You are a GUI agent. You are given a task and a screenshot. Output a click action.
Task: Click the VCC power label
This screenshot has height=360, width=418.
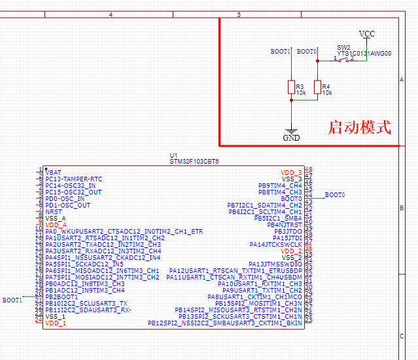(367, 33)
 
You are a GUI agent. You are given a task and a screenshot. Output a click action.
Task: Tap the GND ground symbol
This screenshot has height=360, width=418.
(291, 135)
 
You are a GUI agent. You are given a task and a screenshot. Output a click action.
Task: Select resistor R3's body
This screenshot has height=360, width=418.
(291, 88)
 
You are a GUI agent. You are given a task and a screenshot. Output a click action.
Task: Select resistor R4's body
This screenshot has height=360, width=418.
(317, 88)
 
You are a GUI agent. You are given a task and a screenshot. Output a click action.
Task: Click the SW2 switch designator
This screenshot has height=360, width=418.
(343, 48)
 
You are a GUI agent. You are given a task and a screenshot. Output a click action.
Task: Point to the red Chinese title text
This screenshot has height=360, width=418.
(358, 126)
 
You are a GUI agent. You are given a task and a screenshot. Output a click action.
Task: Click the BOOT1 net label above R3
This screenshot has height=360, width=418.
(280, 51)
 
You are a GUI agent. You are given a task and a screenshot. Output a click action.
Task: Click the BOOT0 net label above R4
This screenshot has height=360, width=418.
(307, 51)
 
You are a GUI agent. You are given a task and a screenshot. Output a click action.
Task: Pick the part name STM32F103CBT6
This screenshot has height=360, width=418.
(194, 161)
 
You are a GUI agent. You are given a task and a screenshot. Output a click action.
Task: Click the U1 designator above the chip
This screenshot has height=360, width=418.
(173, 155)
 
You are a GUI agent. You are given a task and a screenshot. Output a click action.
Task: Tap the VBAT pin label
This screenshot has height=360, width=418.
(54, 172)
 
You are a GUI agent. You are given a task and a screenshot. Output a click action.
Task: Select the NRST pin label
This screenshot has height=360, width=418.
(54, 211)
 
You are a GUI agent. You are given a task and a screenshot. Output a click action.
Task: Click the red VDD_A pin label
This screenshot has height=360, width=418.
(56, 225)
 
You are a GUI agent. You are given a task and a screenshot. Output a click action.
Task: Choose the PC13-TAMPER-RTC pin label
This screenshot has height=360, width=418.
(74, 179)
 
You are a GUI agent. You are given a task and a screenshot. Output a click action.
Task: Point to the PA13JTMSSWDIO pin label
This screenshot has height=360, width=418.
(275, 264)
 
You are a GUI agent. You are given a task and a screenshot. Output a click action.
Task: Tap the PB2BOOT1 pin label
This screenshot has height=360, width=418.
(61, 297)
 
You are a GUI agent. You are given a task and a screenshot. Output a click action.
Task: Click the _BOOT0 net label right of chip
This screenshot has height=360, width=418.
(334, 195)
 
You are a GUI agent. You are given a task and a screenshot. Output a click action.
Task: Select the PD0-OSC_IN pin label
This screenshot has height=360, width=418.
(65, 198)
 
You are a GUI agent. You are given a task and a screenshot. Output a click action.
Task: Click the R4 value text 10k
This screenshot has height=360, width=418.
(327, 93)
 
